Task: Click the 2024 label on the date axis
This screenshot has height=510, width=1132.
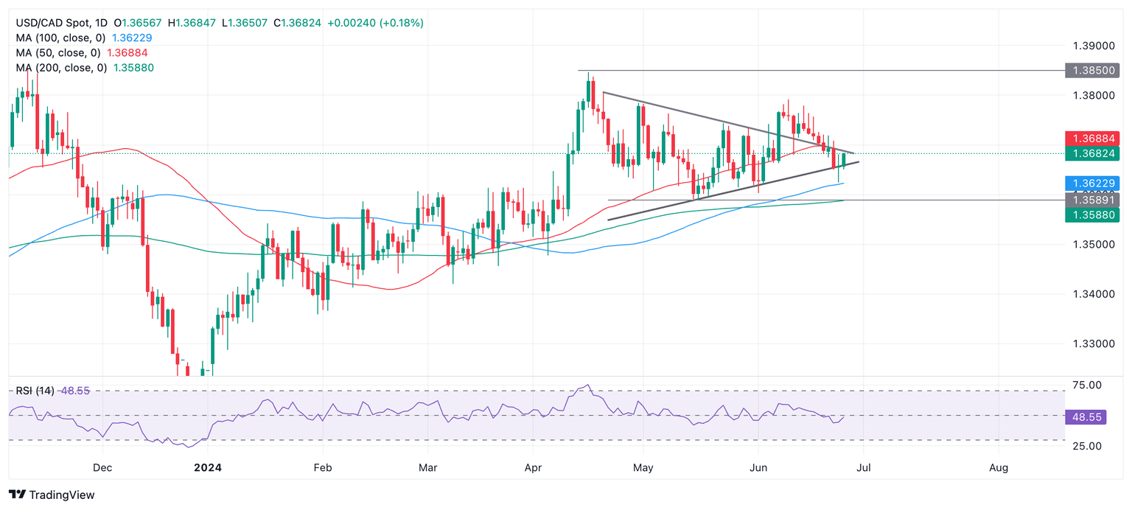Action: coord(208,467)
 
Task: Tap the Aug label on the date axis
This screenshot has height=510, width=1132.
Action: coord(999,467)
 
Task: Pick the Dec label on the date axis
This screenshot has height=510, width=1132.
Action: coord(102,467)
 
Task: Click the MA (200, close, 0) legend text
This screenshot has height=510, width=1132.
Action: coord(62,68)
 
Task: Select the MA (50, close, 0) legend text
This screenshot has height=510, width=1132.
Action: coord(59,53)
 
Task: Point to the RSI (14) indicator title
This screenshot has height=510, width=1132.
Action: coord(35,391)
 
